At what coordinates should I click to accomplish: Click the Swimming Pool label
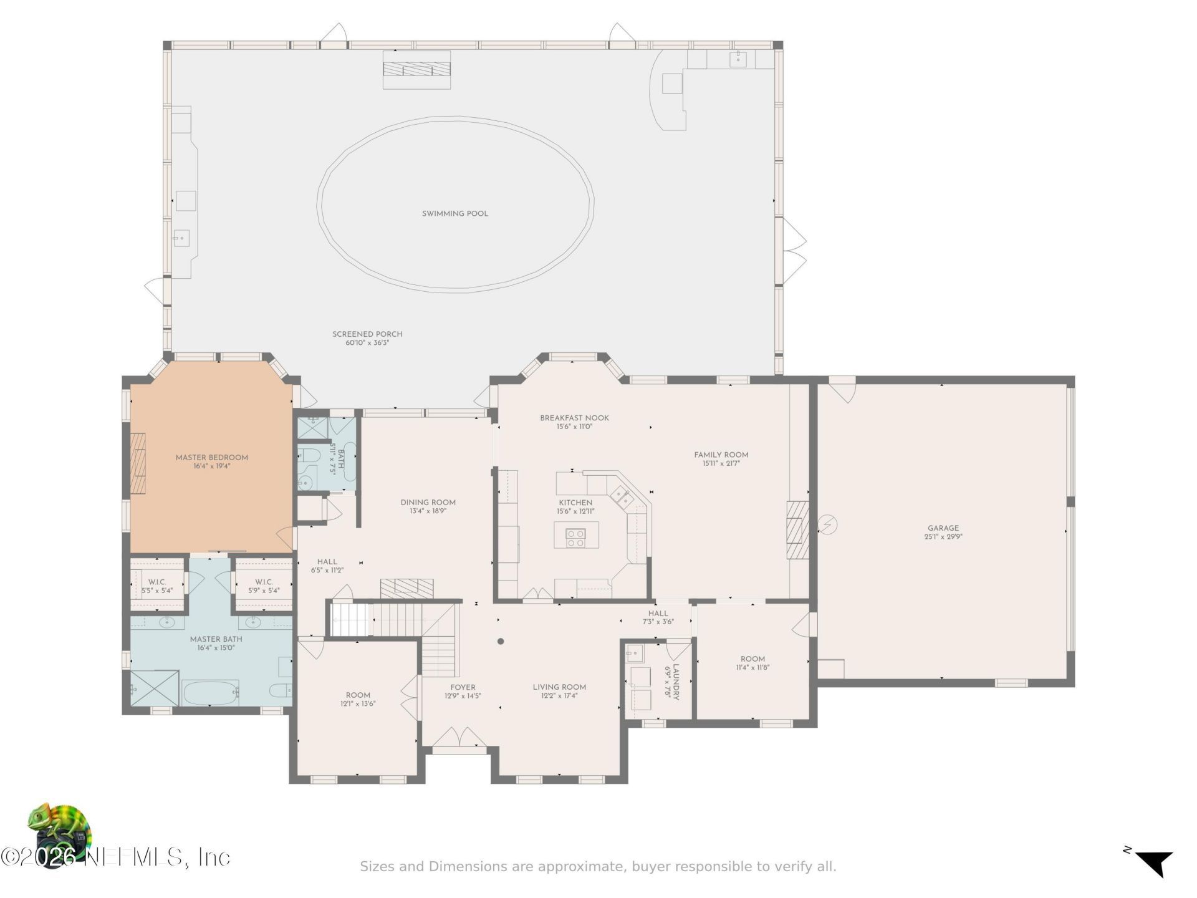455,214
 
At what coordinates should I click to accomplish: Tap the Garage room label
943,528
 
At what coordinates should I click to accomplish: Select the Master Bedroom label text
212,458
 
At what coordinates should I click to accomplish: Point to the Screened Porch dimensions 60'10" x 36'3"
367,343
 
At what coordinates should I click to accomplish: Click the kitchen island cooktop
575,538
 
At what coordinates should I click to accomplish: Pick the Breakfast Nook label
574,418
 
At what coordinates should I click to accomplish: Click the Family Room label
721,455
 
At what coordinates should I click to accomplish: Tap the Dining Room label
428,503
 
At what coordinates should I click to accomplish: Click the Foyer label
463,688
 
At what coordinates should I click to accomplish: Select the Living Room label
559,688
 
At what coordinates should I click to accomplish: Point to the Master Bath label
216,639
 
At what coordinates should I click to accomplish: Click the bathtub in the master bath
210,692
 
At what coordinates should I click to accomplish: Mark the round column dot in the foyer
501,641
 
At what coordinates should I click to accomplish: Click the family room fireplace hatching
797,529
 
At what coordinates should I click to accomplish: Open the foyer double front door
460,737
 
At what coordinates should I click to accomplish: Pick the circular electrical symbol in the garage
827,525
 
